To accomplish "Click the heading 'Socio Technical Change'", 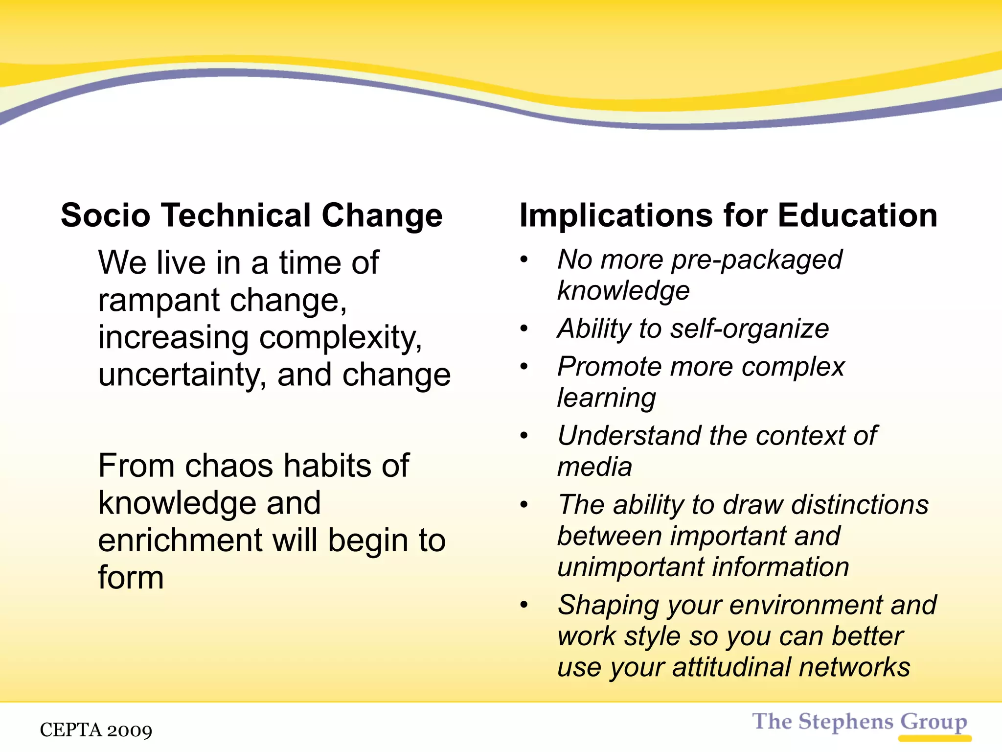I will (251, 215).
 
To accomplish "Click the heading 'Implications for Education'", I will (728, 215).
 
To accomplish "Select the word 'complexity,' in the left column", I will (341, 338).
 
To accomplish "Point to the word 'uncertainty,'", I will (182, 376).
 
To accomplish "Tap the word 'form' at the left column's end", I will (131, 578).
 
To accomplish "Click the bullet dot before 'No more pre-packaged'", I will (524, 259).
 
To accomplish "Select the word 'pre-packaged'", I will (757, 260).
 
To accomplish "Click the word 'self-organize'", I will (750, 329).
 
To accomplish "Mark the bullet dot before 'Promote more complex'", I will (524, 367).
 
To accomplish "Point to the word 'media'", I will (594, 467).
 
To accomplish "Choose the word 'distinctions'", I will (860, 505).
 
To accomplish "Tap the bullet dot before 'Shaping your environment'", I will (524, 605).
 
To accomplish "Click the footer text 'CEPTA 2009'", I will (96, 730).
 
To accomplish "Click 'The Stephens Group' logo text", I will (859, 722).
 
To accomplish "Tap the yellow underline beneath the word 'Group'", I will (934, 738).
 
